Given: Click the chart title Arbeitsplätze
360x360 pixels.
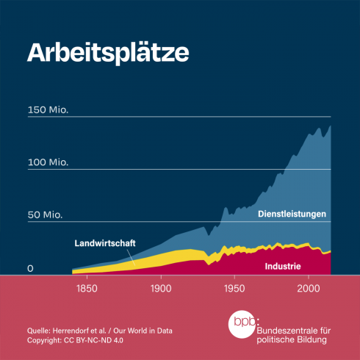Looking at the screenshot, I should click(x=108, y=53).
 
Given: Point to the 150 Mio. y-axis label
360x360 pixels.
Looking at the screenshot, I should click(x=48, y=111).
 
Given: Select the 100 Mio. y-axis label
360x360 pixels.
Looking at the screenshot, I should click(x=48, y=162).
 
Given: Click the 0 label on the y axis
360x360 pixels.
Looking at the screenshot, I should click(x=31, y=268).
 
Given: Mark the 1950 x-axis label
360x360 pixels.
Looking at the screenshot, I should click(x=234, y=289).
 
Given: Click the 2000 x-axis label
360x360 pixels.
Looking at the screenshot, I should click(x=309, y=289).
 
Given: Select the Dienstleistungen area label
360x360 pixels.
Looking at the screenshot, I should click(x=292, y=215).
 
